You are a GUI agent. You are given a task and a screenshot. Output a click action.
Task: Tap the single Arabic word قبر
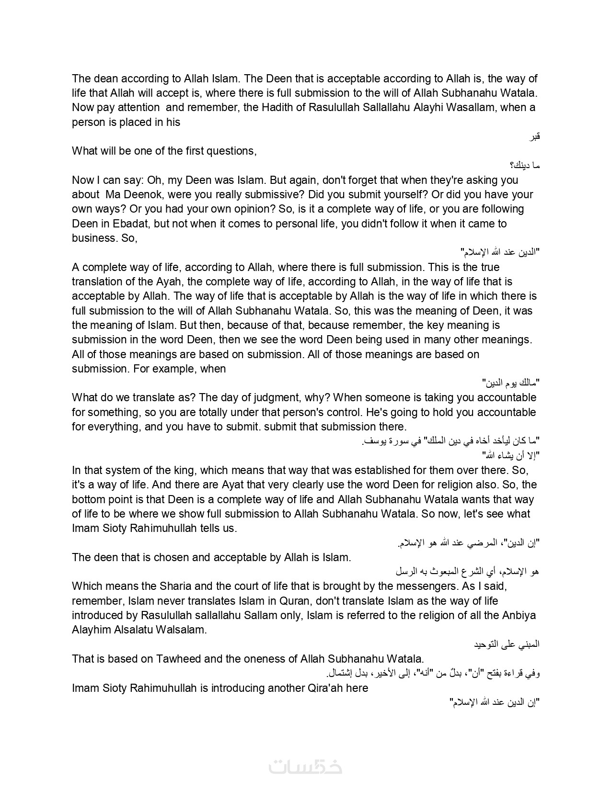(534, 137)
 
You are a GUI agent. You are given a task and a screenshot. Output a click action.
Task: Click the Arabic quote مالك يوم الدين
(510, 383)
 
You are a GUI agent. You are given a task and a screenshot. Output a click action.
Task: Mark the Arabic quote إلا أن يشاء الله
(511, 455)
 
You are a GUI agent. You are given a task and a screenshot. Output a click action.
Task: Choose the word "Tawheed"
(178, 659)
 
